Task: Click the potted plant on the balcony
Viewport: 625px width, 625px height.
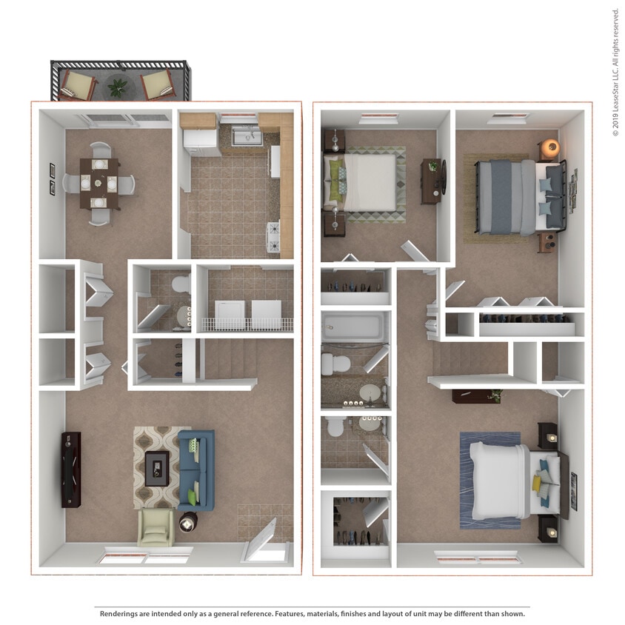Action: pyautogui.click(x=118, y=87)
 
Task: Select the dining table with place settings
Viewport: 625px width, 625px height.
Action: pyautogui.click(x=98, y=183)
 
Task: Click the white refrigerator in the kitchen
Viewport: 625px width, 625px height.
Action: pyautogui.click(x=201, y=141)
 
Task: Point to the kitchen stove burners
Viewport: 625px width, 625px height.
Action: pyautogui.click(x=274, y=236)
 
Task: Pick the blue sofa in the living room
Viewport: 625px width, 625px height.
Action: pyautogui.click(x=197, y=469)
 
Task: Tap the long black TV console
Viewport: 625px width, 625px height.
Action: pyautogui.click(x=71, y=469)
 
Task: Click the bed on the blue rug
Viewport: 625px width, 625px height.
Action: pyautogui.click(x=504, y=481)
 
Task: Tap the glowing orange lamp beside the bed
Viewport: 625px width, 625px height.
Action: pyautogui.click(x=549, y=147)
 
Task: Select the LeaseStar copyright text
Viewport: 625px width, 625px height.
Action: pyautogui.click(x=615, y=72)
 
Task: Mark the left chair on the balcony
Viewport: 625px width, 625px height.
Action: pyautogui.click(x=76, y=84)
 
